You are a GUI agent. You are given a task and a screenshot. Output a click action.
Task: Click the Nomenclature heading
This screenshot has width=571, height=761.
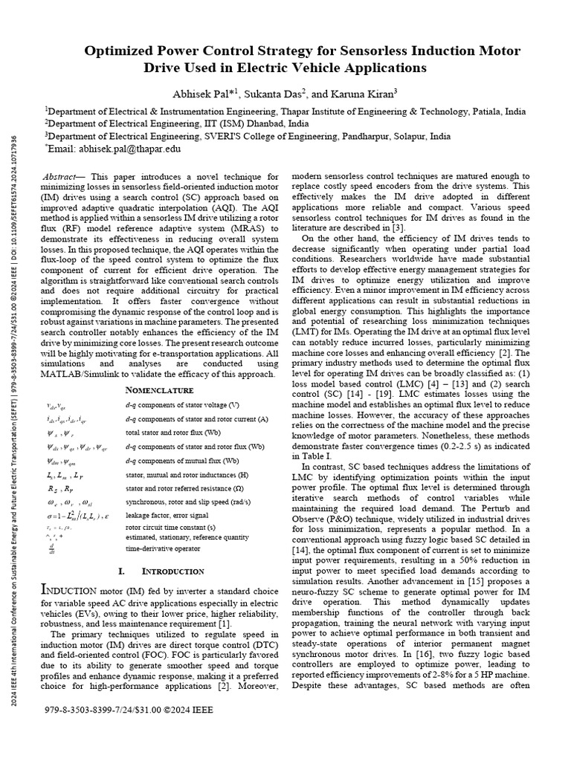click(159, 390)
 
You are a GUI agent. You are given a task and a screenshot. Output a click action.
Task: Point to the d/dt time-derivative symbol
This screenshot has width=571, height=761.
click(50, 549)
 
